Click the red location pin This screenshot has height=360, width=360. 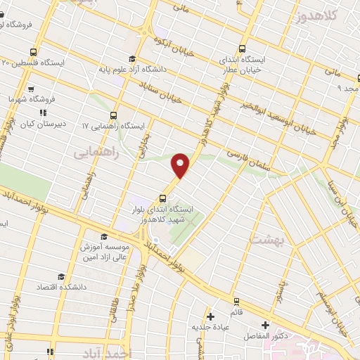coord(181,165)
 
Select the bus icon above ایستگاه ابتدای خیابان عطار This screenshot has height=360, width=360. coord(243,49)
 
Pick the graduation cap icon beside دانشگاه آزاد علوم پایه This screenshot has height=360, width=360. coord(131,59)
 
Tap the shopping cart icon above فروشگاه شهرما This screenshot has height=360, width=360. coord(31,89)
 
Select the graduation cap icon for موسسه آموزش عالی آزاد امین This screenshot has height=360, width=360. coord(104,236)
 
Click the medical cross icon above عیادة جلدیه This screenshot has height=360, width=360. coord(210,316)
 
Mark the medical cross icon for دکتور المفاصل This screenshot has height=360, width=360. coord(265,325)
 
